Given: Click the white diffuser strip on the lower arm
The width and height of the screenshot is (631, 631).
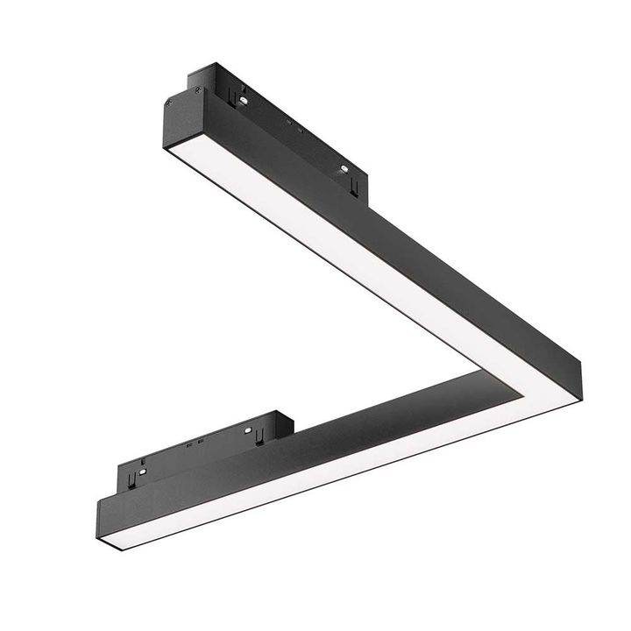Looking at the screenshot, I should tap(307, 473).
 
